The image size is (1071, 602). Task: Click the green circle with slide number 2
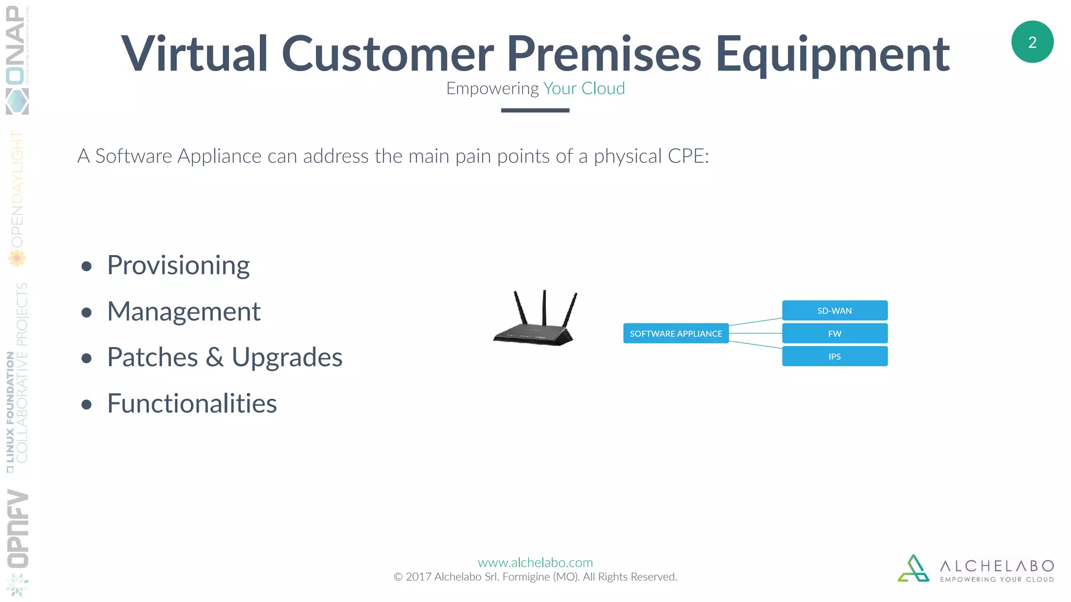(1032, 42)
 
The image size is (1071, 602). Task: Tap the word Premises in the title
(603, 53)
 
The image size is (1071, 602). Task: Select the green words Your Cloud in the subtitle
(584, 88)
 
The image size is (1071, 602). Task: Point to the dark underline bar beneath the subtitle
(535, 110)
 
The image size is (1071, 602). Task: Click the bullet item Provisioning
(178, 265)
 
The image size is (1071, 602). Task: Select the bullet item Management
(184, 311)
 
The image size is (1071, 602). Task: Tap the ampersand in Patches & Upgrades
(214, 357)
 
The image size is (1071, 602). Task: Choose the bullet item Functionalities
(192, 403)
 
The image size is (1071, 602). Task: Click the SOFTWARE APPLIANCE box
(676, 333)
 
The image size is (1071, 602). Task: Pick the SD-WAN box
(835, 310)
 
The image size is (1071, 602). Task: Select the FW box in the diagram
(835, 333)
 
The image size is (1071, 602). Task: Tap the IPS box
(835, 356)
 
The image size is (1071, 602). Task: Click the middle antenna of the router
(544, 308)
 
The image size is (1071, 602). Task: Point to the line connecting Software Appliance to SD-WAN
(756, 321)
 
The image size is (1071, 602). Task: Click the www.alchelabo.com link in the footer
(535, 562)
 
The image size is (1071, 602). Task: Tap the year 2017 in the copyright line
(418, 577)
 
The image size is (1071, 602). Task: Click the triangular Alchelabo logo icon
(913, 569)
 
